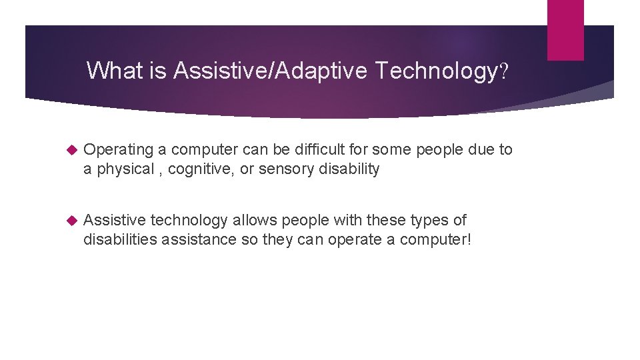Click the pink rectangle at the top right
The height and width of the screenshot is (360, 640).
coord(565,30)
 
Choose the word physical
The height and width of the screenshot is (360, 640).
coord(125,169)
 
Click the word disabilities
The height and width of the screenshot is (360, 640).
coord(120,239)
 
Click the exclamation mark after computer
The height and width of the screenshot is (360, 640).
coord(469,239)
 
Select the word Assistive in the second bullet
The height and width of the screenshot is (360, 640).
coord(115,220)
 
